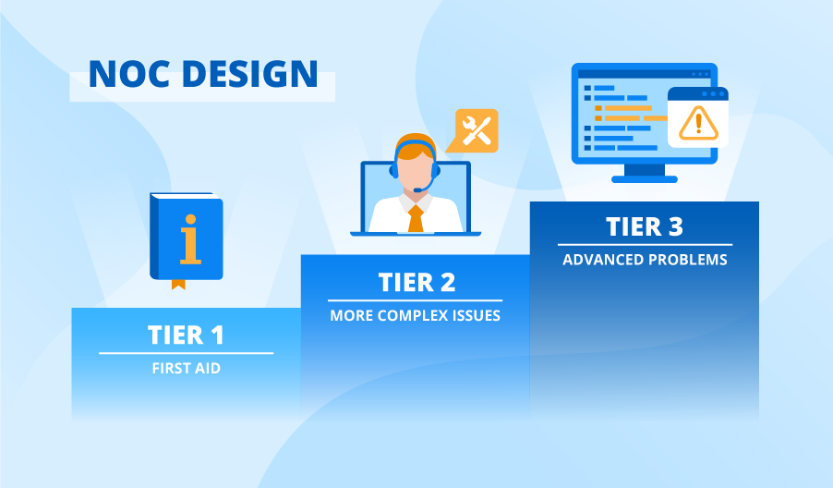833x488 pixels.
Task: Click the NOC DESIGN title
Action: point(202,74)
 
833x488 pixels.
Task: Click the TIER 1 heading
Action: point(186,335)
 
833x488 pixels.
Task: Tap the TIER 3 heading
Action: point(644,226)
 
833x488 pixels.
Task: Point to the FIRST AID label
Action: point(186,368)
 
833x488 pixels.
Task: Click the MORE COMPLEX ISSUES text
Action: point(415,315)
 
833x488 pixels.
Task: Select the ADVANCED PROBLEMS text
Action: point(645,260)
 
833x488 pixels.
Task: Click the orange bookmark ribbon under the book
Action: point(178,283)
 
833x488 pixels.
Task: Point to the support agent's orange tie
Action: point(416,218)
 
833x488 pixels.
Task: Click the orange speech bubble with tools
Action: point(475,130)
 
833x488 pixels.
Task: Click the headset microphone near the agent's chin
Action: point(421,189)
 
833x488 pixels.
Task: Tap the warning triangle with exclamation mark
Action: point(698,122)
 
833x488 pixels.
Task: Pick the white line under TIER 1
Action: point(186,353)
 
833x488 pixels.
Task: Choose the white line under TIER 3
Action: point(644,245)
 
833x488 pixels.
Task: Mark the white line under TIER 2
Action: point(415,300)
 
